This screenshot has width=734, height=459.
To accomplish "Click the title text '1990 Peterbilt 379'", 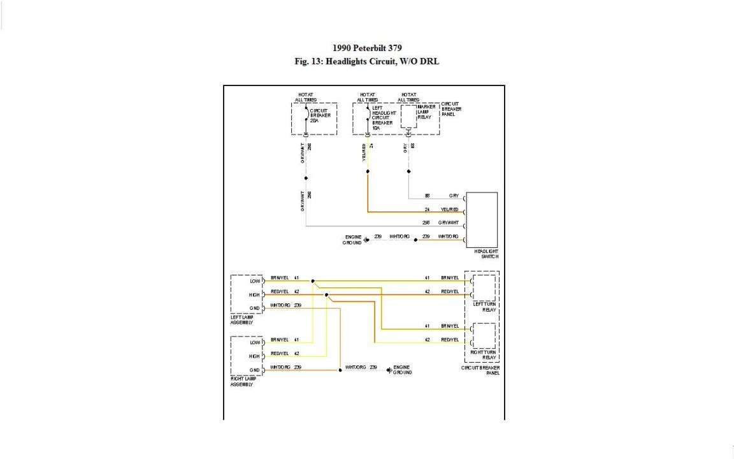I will tap(367, 48).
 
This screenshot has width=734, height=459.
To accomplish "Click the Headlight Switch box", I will tap(482, 219).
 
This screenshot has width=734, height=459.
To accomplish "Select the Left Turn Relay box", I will tap(484, 288).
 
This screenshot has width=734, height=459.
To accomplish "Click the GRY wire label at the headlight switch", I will tap(454, 196).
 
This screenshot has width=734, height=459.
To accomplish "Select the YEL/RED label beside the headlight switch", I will tap(450, 210).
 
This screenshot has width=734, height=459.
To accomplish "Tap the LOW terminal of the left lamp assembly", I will tap(255, 280).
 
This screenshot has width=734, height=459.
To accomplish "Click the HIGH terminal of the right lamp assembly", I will tap(254, 356).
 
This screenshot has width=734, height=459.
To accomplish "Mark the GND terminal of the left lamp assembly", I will tap(255, 308).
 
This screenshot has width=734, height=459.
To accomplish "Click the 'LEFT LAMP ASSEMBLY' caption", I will tap(241, 320).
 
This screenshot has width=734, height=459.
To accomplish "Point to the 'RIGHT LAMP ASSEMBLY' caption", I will tap(241, 382).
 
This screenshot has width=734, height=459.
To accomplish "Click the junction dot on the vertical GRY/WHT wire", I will tap(306, 178).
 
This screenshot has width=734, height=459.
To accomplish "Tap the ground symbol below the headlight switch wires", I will tap(366, 240).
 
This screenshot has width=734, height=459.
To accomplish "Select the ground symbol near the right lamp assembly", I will tap(389, 370).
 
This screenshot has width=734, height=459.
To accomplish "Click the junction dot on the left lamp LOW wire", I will tap(313, 280).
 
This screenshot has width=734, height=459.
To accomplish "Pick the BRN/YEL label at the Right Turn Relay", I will tap(450, 326).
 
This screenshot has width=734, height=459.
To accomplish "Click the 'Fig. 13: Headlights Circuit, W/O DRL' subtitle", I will tap(367, 62).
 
